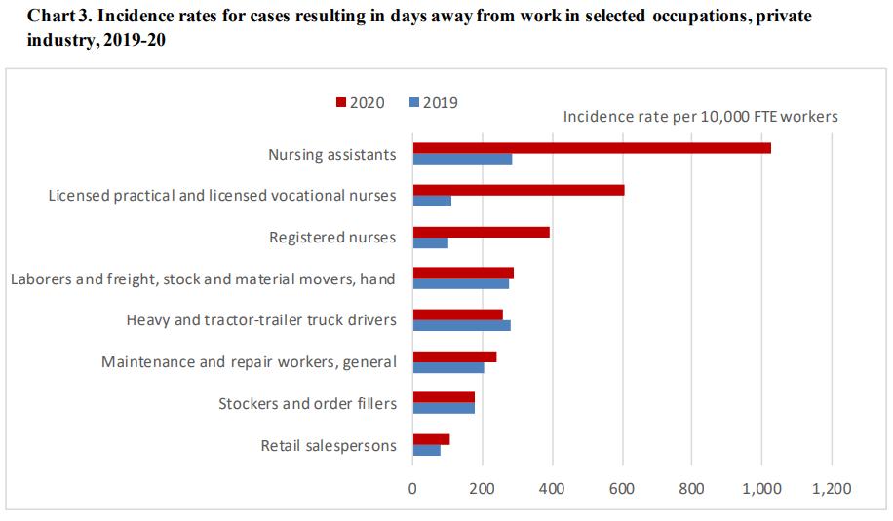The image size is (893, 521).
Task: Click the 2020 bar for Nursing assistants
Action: coord(592,148)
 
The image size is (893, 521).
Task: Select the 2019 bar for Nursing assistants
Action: coord(462,159)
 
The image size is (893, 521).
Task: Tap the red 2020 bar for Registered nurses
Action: coord(481,232)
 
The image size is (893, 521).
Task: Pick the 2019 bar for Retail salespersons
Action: coord(426,450)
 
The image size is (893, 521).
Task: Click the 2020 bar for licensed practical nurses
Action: coord(518,190)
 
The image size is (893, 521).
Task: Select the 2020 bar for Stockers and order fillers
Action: coord(444,397)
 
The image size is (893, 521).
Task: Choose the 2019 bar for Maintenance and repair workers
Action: coord(448,367)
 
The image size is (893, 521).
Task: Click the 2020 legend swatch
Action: coord(341,102)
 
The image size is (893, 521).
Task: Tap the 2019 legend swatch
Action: coord(414,102)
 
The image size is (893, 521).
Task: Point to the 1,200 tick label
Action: coord(831,488)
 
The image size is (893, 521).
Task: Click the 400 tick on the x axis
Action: coord(552,488)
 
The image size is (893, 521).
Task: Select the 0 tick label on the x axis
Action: coord(412,488)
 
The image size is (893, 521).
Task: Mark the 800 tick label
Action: coord(691,488)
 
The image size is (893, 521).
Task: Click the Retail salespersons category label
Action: coord(329,446)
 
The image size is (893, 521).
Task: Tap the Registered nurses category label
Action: coord(331,237)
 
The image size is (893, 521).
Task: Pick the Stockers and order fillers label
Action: coord(307,403)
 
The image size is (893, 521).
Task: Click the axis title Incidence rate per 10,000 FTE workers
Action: coord(700,117)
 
